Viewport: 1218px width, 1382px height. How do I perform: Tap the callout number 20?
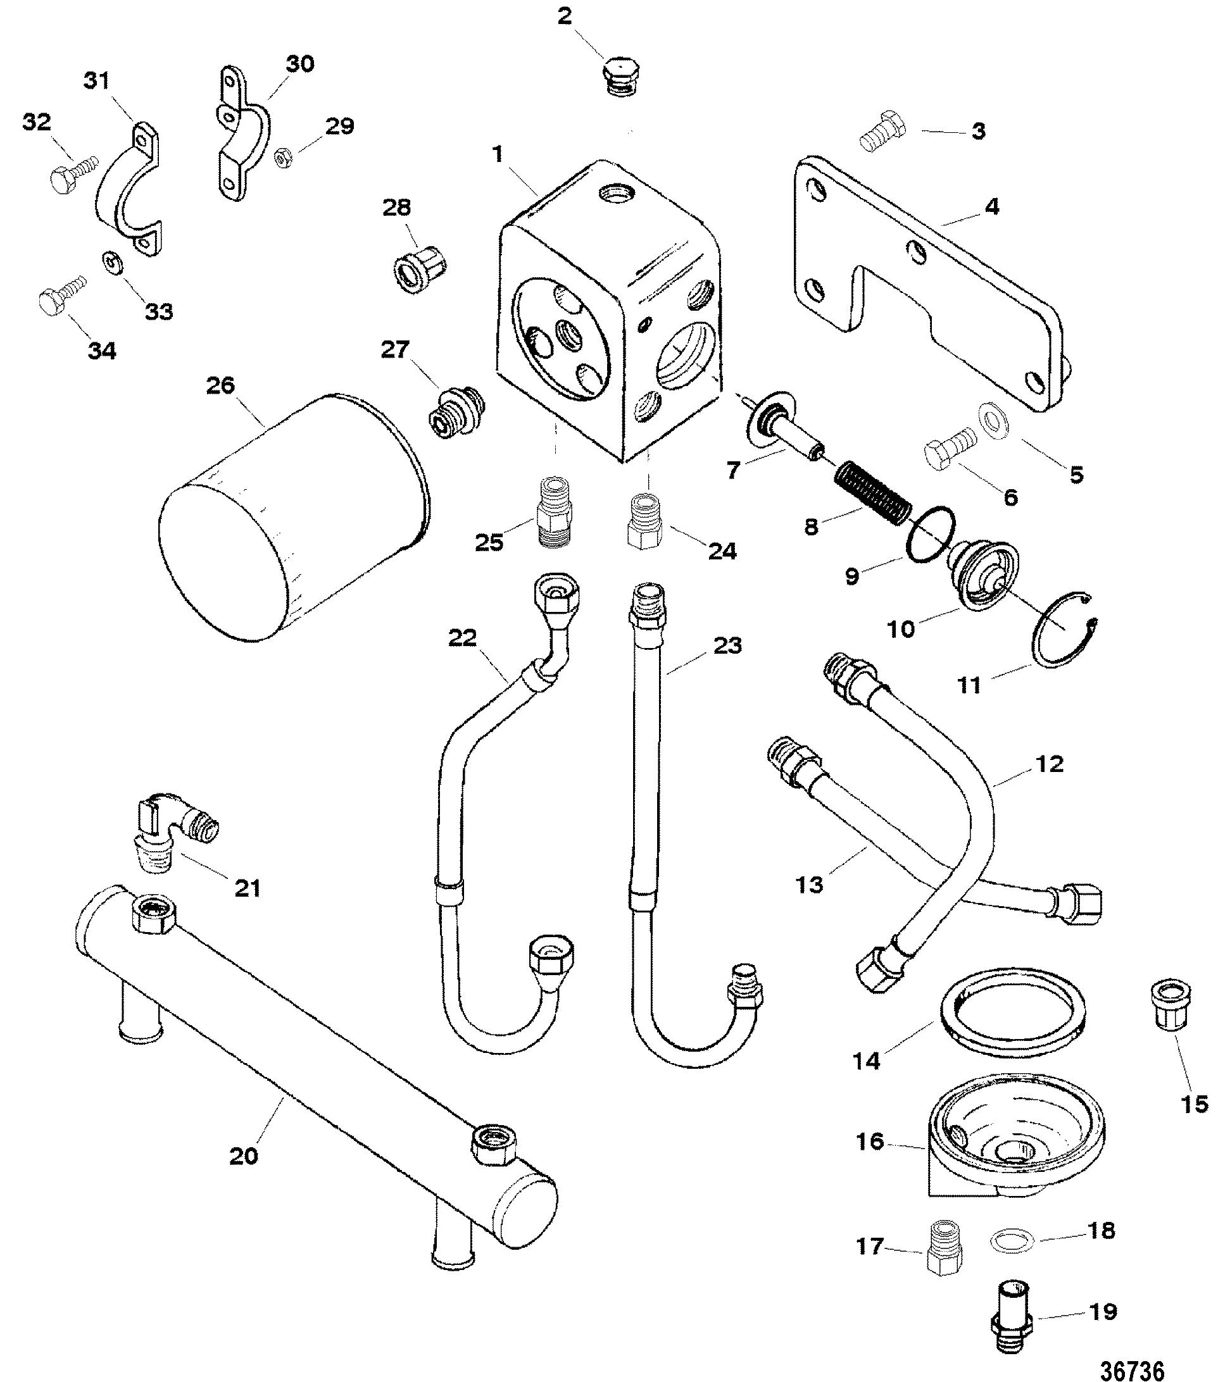[244, 1155]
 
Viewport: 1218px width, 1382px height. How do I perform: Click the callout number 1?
[498, 155]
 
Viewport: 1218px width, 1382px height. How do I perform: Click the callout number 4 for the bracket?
[991, 207]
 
